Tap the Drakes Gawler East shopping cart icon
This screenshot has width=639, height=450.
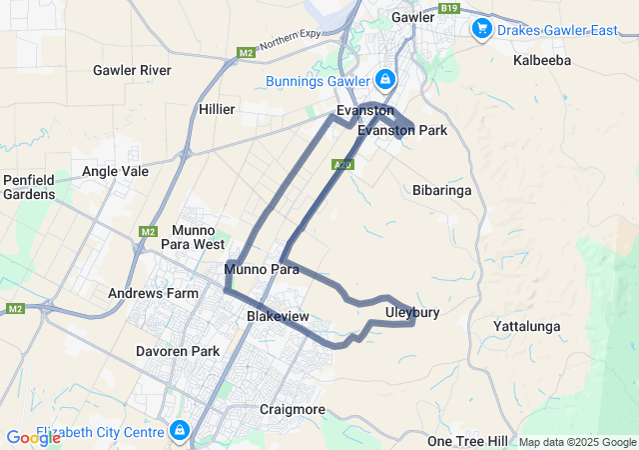click(x=482, y=28)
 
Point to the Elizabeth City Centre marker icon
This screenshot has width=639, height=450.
click(x=180, y=431)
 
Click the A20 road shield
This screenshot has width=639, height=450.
click(x=341, y=164)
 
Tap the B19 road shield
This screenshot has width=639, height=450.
click(x=450, y=7)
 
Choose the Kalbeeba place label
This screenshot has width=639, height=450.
click(x=541, y=60)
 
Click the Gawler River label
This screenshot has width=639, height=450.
click(x=132, y=70)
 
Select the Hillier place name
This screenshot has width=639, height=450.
click(x=217, y=108)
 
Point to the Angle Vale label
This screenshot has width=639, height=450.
click(x=115, y=171)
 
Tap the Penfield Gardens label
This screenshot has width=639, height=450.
click(x=29, y=186)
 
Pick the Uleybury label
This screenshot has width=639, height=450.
click(x=411, y=313)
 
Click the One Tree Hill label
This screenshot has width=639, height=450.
click(x=467, y=441)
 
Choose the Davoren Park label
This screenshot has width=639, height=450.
click(x=177, y=352)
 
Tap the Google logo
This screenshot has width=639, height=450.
click(x=32, y=437)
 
